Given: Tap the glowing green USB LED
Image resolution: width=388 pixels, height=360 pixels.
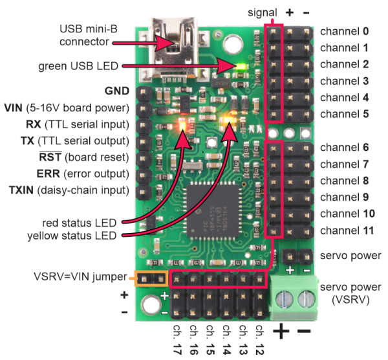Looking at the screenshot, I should pyautogui.click(x=241, y=66).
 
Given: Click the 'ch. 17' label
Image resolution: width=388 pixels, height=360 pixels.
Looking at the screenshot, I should pyautogui.click(x=177, y=341).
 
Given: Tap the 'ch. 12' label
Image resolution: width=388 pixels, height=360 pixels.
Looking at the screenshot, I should pyautogui.click(x=259, y=341).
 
